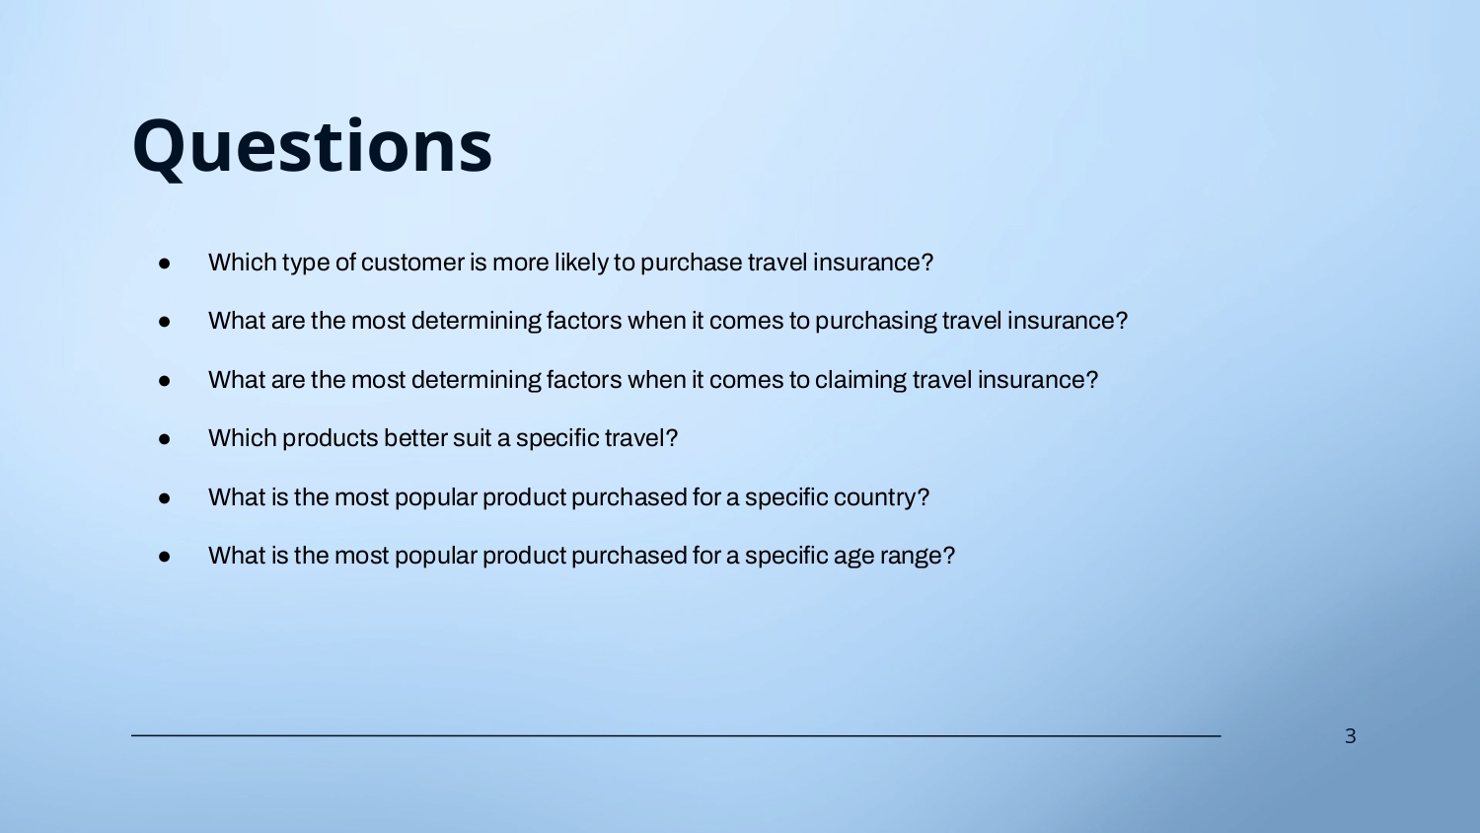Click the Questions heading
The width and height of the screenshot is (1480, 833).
(312, 147)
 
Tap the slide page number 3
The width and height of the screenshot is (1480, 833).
(1351, 736)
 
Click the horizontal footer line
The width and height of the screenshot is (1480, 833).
(676, 735)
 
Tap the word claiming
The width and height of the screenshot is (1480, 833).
(859, 380)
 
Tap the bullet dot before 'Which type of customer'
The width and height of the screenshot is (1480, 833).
(165, 264)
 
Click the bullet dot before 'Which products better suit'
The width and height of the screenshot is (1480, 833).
(165, 439)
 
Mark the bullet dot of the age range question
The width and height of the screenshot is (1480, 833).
(165, 557)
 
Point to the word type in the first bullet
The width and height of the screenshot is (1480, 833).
(306, 263)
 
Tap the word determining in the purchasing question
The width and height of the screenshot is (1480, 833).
(476, 322)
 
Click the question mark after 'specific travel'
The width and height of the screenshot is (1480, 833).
(672, 437)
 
